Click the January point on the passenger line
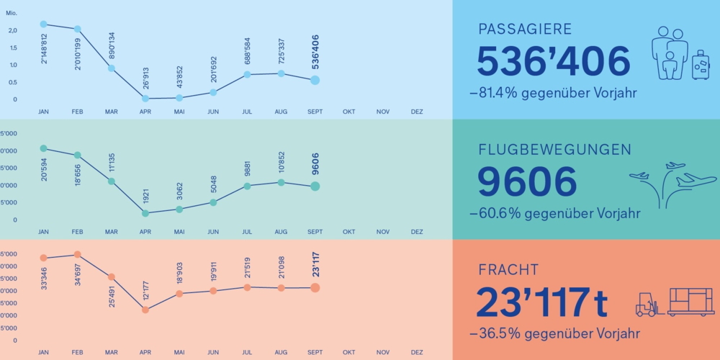pyautogui.click(x=43, y=24)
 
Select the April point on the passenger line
pyautogui.click(x=145, y=98)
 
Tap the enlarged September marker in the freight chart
pyautogui.click(x=315, y=288)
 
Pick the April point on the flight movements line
pyautogui.click(x=145, y=213)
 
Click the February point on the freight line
pyautogui.click(x=77, y=255)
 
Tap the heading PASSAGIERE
pyautogui.click(x=525, y=30)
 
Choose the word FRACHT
pyautogui.click(x=508, y=270)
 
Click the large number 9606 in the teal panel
pyautogui.click(x=527, y=182)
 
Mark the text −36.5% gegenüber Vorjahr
pyautogui.click(x=554, y=334)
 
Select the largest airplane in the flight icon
pyautogui.click(x=696, y=180)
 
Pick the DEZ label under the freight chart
pyautogui.click(x=417, y=353)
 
